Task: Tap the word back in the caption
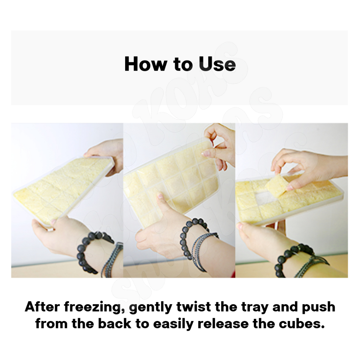pyautogui.click(x=115, y=324)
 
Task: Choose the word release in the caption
pyautogui.click(x=223, y=324)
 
